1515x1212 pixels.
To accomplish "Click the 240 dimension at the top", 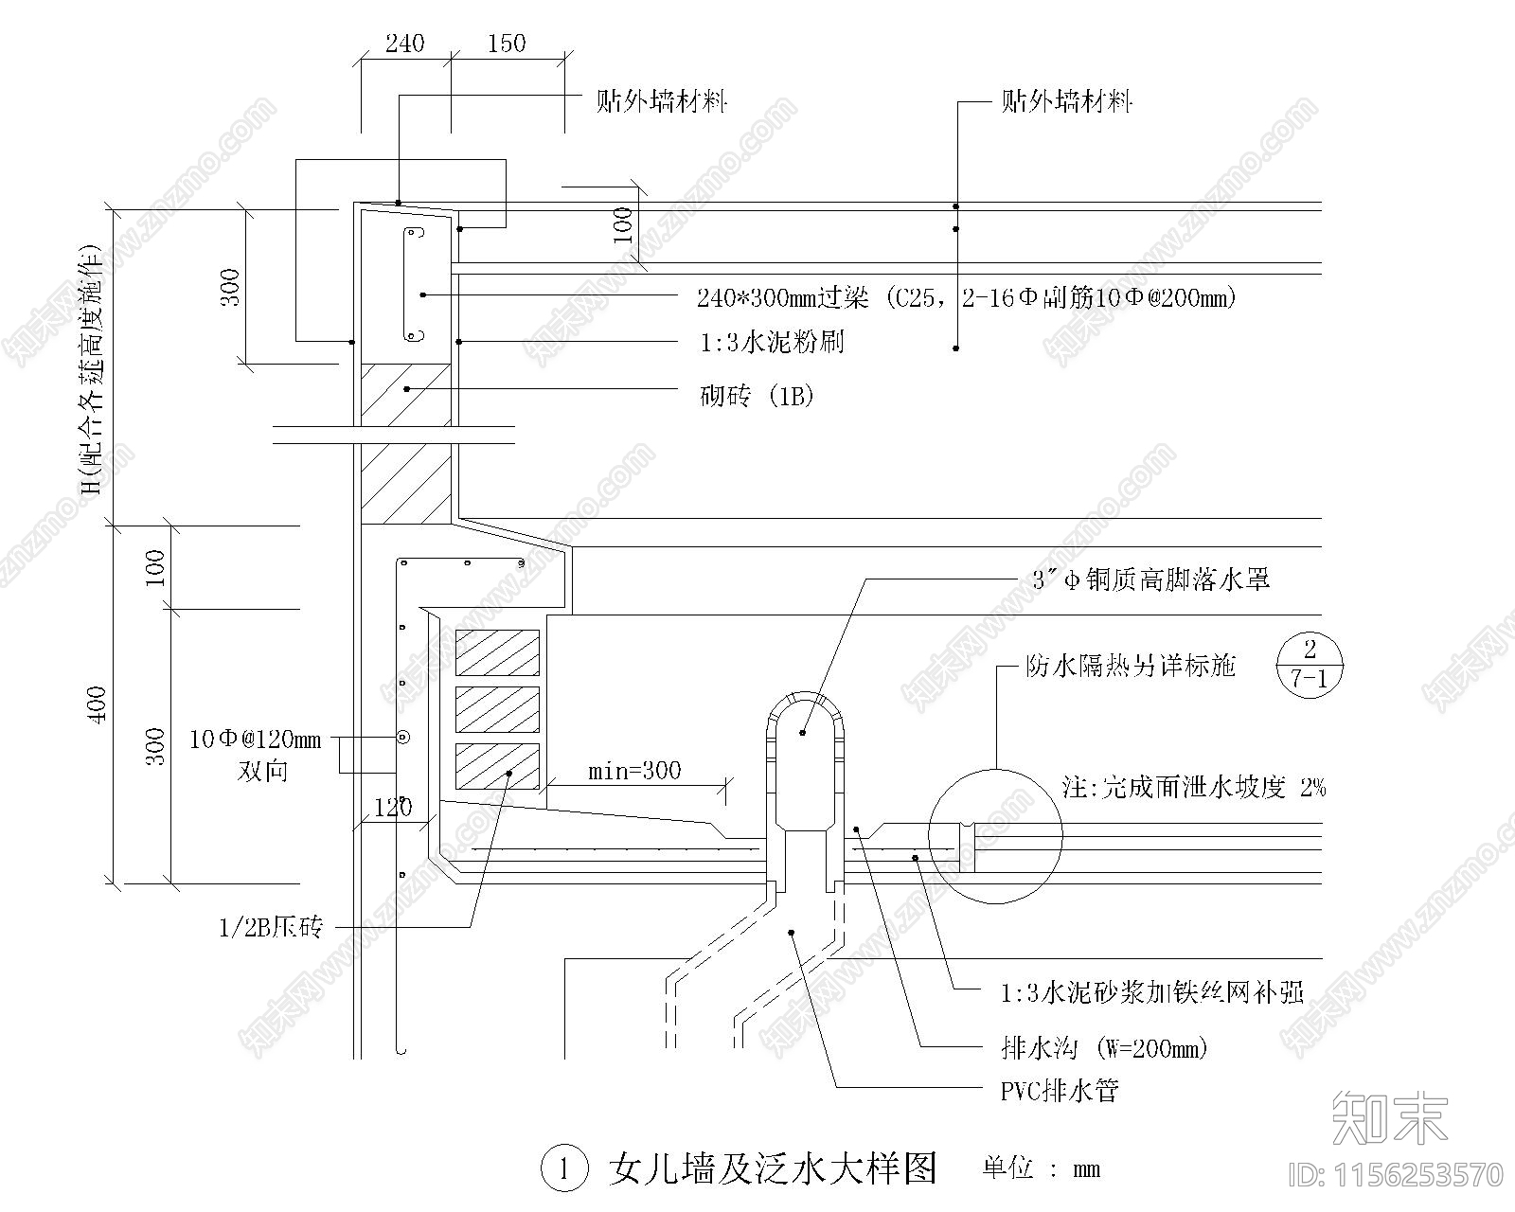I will [x=405, y=44].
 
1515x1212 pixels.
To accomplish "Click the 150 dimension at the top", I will [x=507, y=44].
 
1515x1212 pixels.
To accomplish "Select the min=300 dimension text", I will [x=634, y=771].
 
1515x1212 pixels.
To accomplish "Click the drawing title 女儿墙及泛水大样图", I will [x=772, y=1168].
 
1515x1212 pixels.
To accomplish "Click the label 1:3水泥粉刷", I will [x=772, y=342].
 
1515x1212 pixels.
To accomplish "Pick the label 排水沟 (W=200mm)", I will [x=1104, y=1048].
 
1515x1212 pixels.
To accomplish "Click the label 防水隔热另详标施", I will [x=1131, y=666].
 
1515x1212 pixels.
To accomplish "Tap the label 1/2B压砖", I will [x=271, y=928].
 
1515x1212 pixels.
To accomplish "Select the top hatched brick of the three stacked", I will [x=497, y=652].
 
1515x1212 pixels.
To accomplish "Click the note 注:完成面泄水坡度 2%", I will [x=1193, y=787].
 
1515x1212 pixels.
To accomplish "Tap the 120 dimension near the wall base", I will [x=393, y=808].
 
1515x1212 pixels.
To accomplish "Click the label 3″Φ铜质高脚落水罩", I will [x=1150, y=579].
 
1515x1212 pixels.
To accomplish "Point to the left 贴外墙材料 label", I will [x=661, y=101].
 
